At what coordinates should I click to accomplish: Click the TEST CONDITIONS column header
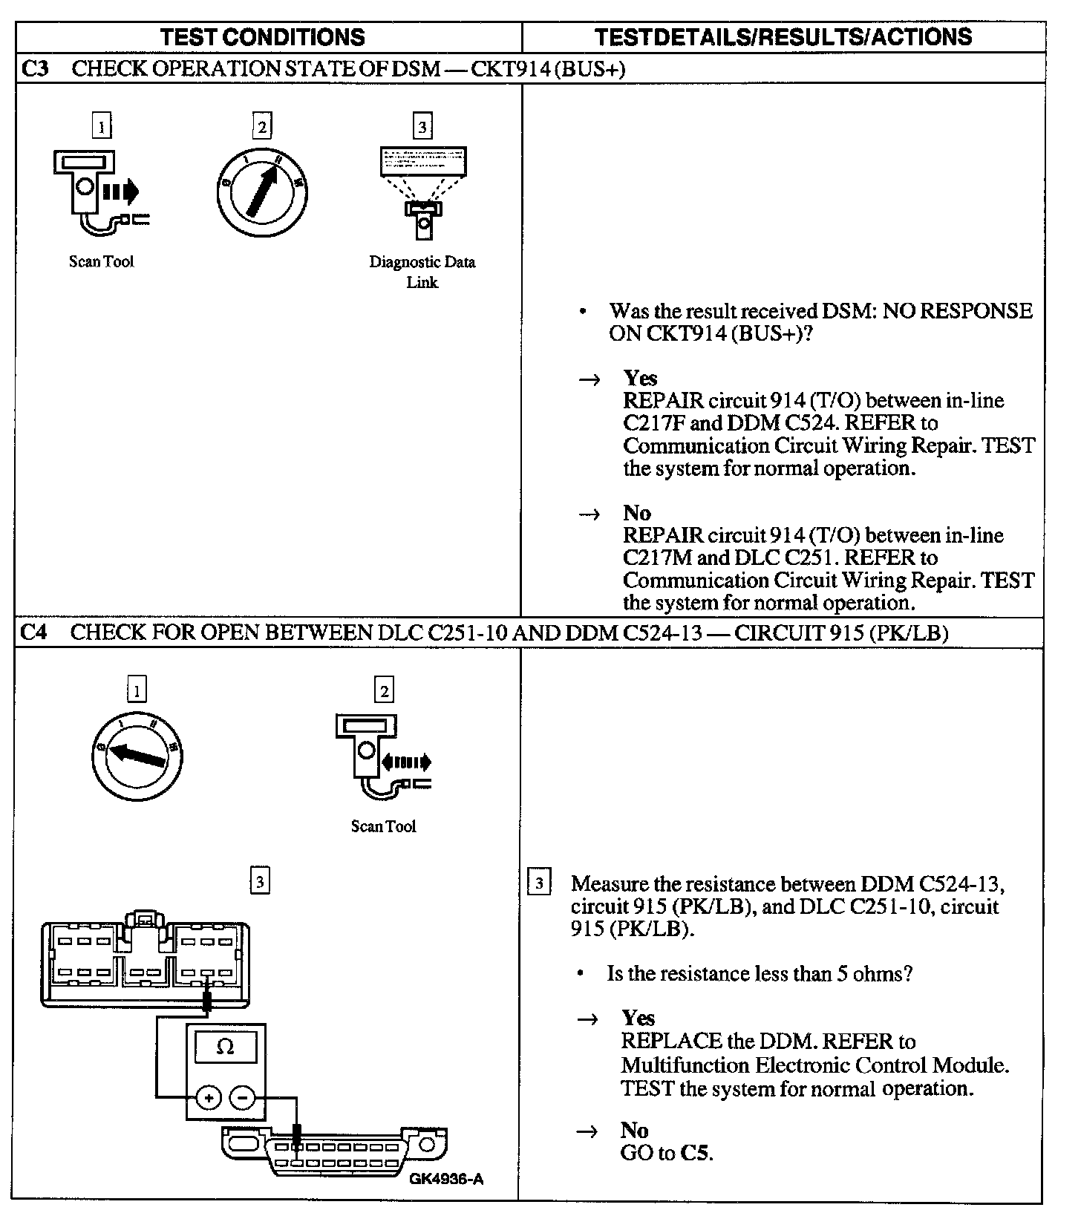tap(263, 37)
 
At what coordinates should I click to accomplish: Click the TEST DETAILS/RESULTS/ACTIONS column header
tap(783, 37)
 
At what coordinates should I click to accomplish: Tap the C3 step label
tap(35, 69)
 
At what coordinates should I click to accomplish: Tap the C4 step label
tap(35, 632)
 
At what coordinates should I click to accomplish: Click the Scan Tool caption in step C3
tap(102, 261)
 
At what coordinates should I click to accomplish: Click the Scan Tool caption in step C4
tap(383, 826)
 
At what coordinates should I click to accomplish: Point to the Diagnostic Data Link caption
tap(422, 272)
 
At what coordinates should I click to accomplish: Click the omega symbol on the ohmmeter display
tap(225, 1047)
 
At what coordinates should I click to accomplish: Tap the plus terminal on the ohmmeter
tap(209, 1097)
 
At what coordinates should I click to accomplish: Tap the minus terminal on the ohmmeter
tap(242, 1097)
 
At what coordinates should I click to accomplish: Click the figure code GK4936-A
tap(445, 1179)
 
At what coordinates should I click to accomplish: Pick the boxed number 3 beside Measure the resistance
tap(539, 883)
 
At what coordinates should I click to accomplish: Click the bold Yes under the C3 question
tap(640, 378)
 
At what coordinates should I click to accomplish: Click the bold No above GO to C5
tap(634, 1130)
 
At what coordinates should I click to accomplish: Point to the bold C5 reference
tap(696, 1153)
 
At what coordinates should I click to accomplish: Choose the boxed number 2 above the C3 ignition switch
tap(261, 126)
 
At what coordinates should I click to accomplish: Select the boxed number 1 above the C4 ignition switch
tap(137, 691)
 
